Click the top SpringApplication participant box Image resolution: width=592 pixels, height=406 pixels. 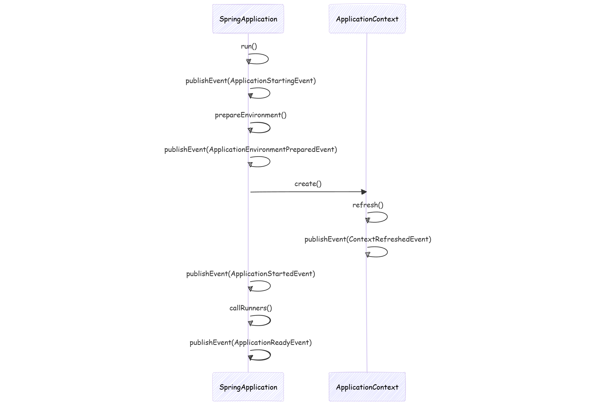248,19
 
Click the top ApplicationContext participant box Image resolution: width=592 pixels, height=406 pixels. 367,19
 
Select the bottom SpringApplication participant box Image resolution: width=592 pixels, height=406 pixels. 248,387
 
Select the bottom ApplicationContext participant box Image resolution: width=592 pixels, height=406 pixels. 367,387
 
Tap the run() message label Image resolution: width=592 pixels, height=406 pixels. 249,46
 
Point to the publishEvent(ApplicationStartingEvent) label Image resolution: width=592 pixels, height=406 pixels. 251,81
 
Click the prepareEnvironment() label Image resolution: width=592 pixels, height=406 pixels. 251,115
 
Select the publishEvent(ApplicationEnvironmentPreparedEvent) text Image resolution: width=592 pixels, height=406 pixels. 251,150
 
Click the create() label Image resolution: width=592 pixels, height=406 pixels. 308,184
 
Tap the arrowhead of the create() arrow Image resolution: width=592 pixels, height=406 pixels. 364,192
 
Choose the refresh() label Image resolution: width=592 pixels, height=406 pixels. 368,205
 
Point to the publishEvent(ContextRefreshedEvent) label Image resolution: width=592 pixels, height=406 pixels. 368,239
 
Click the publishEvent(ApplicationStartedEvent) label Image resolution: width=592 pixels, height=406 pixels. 251,274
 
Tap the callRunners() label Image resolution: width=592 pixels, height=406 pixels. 251,308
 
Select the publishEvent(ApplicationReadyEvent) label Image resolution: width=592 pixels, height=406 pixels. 251,343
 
